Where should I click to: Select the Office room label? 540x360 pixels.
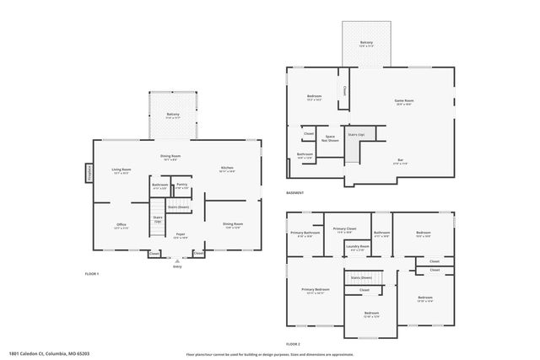click(121, 225)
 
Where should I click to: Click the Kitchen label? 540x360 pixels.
click(227, 169)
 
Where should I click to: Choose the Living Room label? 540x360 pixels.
click(121, 170)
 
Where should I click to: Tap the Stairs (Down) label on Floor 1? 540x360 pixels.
click(178, 207)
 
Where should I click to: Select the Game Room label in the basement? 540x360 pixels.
click(404, 101)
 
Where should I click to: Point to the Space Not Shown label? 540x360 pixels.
click(331, 137)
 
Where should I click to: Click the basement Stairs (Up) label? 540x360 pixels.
click(356, 135)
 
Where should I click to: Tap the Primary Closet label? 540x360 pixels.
click(344, 229)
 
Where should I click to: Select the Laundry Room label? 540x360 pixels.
click(357, 247)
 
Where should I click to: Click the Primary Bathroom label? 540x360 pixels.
click(305, 234)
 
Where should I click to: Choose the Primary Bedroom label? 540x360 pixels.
click(316, 291)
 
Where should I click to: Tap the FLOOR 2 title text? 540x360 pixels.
click(293, 344)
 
